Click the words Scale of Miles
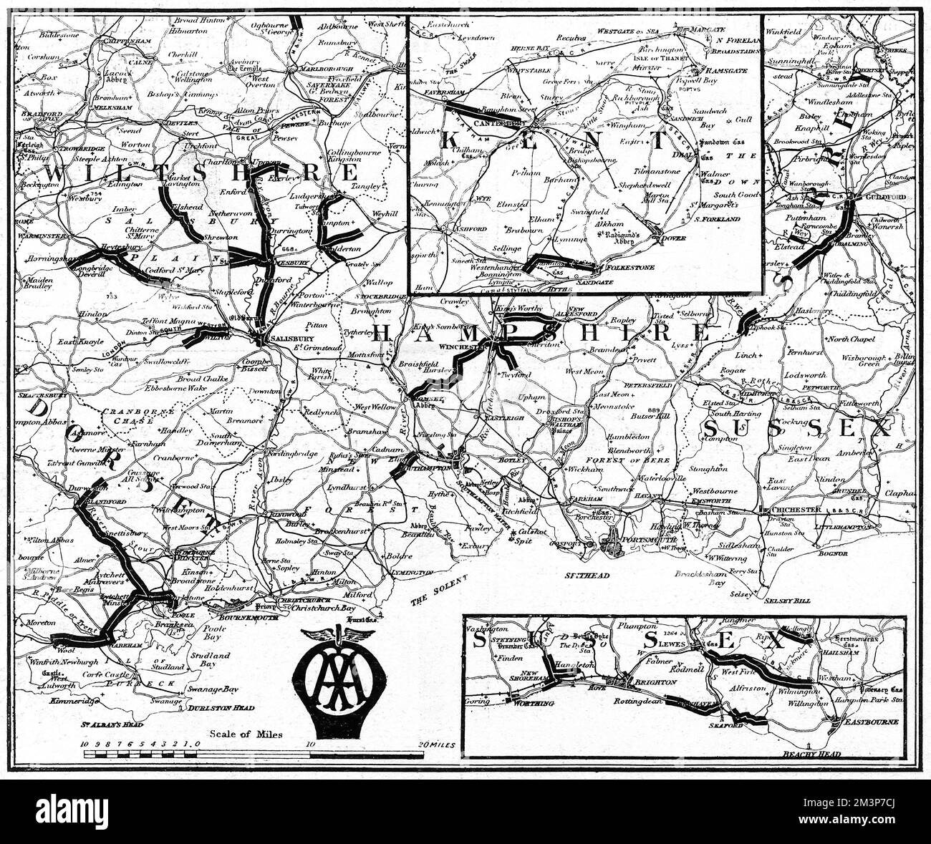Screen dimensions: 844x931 coord(246,734)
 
